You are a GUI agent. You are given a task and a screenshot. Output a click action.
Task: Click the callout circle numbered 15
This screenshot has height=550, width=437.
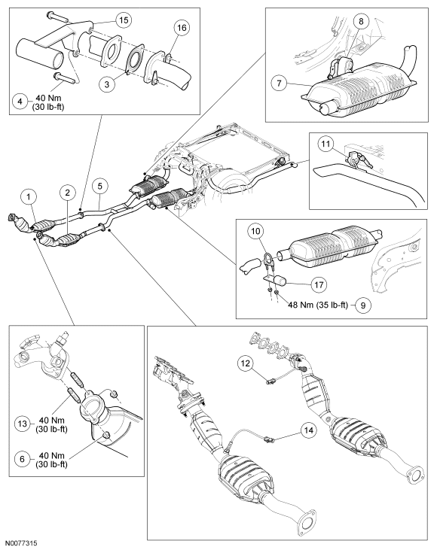click(124, 20)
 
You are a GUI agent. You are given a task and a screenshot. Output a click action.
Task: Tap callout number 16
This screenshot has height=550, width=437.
click(182, 27)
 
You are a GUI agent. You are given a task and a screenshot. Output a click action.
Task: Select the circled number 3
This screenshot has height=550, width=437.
click(107, 84)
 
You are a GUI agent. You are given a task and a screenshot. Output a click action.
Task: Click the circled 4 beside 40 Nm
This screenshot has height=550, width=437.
click(20, 102)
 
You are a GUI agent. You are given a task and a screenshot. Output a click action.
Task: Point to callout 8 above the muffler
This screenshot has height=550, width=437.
click(361, 21)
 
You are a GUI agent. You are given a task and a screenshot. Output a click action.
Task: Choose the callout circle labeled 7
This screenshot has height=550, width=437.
click(280, 83)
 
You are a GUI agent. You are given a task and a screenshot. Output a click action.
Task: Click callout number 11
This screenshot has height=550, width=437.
click(326, 144)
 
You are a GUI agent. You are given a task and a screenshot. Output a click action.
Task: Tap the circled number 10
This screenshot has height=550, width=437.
click(256, 231)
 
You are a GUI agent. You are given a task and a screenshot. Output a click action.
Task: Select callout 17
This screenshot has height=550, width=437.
click(319, 284)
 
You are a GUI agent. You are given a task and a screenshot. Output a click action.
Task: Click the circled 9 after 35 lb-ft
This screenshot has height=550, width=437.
click(363, 305)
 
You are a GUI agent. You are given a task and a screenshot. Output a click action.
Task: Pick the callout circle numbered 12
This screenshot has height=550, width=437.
click(245, 363)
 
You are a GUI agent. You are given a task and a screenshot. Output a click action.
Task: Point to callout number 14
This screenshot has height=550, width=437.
click(308, 430)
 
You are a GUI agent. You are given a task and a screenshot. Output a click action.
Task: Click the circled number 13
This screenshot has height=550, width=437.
click(22, 424)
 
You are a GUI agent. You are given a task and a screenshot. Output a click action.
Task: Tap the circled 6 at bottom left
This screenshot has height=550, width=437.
click(22, 459)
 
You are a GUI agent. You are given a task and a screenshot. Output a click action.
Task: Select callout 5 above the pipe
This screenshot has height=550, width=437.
click(100, 186)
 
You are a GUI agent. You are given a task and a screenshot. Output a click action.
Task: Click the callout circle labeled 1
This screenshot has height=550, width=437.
click(29, 197)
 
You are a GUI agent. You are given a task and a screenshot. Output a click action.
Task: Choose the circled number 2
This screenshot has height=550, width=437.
click(68, 192)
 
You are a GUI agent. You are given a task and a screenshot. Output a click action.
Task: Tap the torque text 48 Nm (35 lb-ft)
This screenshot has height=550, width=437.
click(318, 305)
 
